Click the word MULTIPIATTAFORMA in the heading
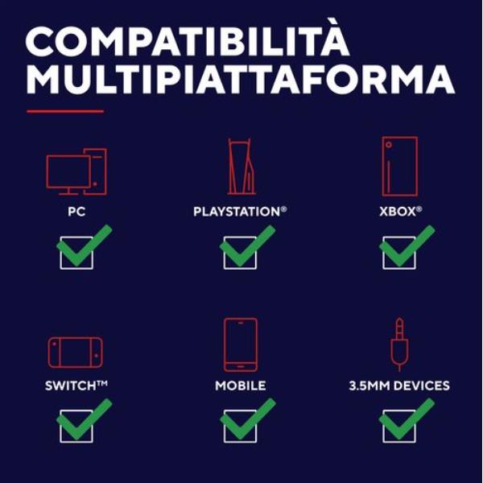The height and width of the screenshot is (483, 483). point(240,79)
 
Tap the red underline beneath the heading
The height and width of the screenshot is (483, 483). point(65,111)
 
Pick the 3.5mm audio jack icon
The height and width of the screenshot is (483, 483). point(399,345)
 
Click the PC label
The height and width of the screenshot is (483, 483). point(76,212)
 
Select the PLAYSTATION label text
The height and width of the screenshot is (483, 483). point(240,212)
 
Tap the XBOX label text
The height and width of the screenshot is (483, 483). point(400,212)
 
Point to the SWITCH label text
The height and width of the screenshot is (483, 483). point(76,386)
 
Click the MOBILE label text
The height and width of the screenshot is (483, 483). point(241,386)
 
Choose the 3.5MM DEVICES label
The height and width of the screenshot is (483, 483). point(399,386)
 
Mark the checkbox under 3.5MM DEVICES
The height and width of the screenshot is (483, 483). point(383,427)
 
